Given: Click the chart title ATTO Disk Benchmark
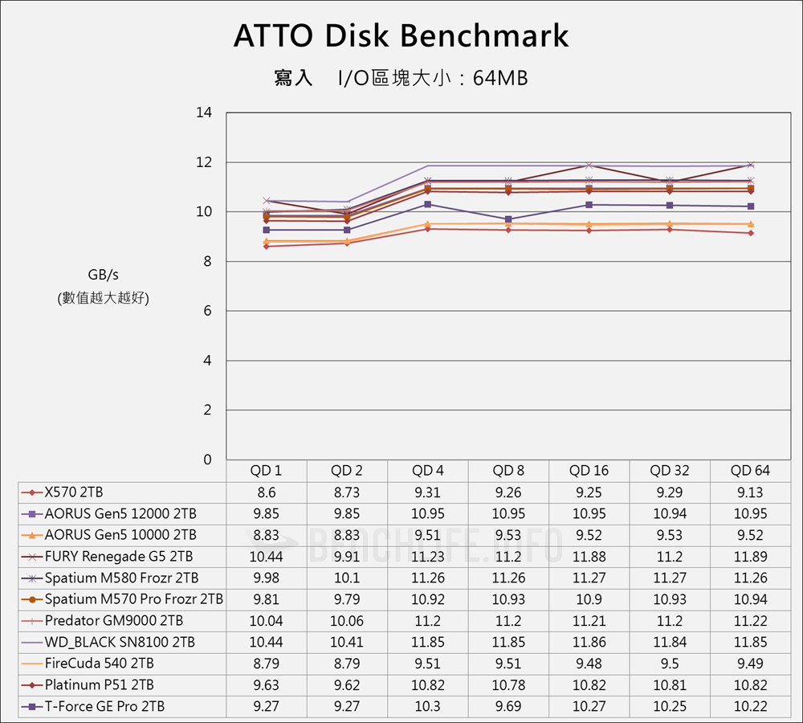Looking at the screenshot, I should (x=401, y=36).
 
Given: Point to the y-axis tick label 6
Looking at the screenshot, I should (x=207, y=311).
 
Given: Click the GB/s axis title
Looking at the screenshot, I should (x=104, y=276).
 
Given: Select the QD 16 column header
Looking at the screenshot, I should (x=589, y=471).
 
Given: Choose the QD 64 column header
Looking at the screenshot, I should (x=750, y=471).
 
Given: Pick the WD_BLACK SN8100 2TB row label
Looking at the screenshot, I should (x=120, y=643).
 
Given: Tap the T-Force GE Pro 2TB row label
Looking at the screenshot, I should (x=104, y=707).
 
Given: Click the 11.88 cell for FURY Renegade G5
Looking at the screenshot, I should (x=589, y=557).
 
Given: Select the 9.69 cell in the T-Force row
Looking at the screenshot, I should (x=509, y=707).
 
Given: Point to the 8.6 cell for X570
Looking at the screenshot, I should (x=267, y=492).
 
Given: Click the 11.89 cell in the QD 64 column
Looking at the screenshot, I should (x=750, y=557).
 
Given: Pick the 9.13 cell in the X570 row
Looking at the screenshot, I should (x=750, y=492).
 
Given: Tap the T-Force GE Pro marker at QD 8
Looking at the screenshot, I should (x=508, y=219).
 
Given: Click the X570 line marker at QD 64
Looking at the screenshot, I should (x=750, y=233).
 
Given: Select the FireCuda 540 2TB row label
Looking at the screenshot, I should (x=99, y=664).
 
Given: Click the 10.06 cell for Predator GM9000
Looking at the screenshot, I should (x=347, y=621).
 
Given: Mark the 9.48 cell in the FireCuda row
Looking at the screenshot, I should (x=589, y=664).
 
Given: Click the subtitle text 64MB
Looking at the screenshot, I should (x=500, y=79).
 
